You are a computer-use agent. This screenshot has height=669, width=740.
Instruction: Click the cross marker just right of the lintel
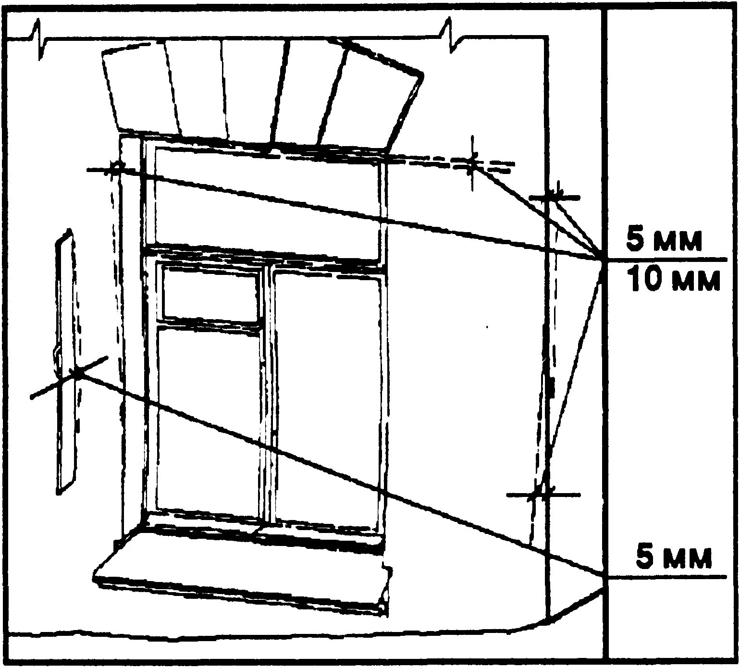tap(473, 165)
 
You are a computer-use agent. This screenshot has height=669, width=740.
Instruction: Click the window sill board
tap(240, 570)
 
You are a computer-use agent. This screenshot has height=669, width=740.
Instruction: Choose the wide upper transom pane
tap(267, 202)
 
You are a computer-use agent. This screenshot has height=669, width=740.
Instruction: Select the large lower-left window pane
tap(208, 418)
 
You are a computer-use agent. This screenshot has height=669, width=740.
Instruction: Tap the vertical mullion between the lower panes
tap(267, 394)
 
